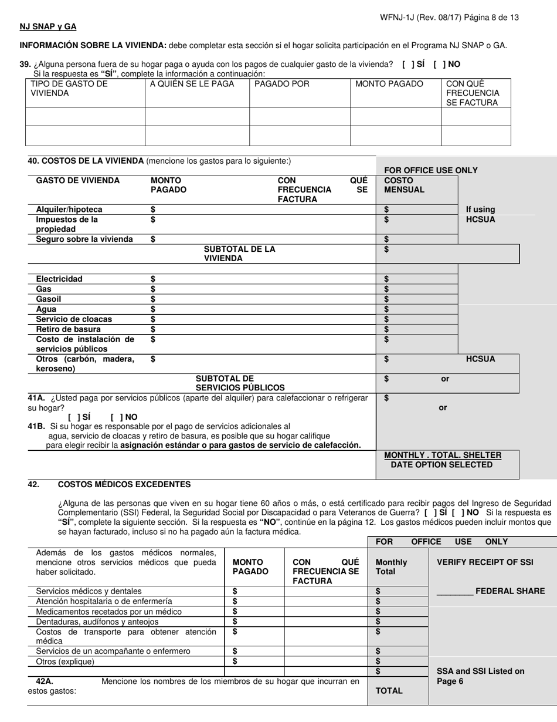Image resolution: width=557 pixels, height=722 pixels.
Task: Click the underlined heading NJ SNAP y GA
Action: coord(48,27)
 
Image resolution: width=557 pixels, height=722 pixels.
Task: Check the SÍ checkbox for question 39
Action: coord(408,64)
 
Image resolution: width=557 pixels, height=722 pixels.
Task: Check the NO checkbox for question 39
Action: coord(439,64)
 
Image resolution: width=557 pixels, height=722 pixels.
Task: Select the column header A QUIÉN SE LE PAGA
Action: coord(192,84)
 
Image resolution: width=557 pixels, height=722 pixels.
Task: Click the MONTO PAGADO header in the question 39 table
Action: coord(389,84)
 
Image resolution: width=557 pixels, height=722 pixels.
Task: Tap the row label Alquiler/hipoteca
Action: coord(69,210)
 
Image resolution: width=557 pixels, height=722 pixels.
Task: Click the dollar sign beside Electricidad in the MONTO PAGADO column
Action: coord(153,279)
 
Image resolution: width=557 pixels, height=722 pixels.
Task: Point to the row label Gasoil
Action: coord(49,299)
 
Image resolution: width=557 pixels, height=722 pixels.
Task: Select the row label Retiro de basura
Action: coord(68,329)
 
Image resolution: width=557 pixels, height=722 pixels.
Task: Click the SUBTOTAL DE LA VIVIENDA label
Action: coord(239,254)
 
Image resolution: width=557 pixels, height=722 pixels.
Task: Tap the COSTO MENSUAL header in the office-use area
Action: coord(404,185)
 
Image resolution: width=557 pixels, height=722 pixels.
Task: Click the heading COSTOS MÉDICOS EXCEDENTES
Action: coord(124,484)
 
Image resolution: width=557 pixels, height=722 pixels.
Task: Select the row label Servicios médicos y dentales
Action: coord(89,591)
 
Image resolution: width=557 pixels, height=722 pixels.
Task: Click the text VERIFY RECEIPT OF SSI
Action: coord(485,562)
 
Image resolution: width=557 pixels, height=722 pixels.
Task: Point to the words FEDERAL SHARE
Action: coord(510,591)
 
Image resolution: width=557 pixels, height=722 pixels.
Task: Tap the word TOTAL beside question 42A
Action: coord(389,691)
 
